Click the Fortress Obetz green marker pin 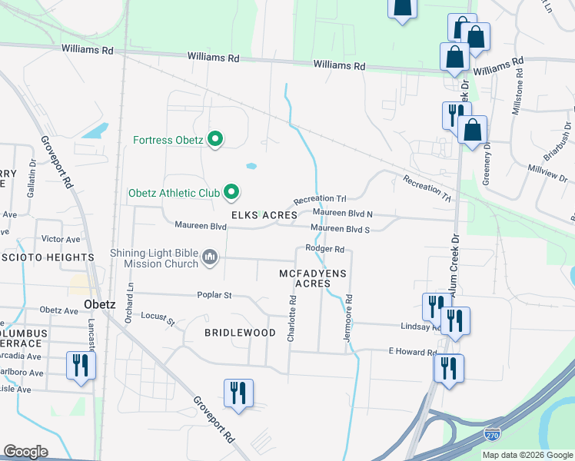pyautogui.click(x=216, y=140)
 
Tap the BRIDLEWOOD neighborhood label pyautogui.click(x=240, y=333)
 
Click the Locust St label pyautogui.click(x=158, y=318)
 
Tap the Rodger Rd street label pyautogui.click(x=324, y=248)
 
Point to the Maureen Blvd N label pyautogui.click(x=342, y=213)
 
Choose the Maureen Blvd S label pyautogui.click(x=341, y=229)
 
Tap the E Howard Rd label pyautogui.click(x=412, y=351)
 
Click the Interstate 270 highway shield pyautogui.click(x=492, y=436)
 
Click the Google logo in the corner pyautogui.click(x=25, y=452)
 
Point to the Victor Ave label pyautogui.click(x=61, y=239)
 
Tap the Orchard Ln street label pyautogui.click(x=130, y=302)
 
